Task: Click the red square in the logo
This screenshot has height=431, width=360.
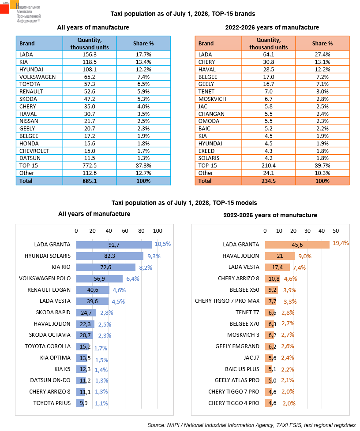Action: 4,9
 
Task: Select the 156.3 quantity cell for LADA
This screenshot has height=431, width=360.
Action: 90,54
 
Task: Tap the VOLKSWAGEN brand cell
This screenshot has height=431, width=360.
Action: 39,77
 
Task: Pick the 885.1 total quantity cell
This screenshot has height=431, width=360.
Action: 90,181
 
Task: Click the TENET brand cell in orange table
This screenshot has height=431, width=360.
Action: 218,92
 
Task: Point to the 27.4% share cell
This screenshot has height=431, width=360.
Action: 322,54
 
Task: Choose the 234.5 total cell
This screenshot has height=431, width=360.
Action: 268,181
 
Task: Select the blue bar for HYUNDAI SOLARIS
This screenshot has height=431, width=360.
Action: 109,256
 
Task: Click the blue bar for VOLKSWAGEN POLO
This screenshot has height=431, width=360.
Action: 99,279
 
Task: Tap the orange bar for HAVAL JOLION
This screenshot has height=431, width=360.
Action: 280,256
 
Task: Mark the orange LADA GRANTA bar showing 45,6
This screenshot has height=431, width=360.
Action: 297,245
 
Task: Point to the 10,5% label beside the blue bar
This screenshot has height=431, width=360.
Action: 163,244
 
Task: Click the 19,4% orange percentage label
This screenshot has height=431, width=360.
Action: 341,243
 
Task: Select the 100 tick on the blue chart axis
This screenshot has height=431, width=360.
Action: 157,230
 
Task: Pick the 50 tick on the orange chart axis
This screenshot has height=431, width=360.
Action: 336,230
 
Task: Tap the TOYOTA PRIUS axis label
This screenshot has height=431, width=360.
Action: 52,403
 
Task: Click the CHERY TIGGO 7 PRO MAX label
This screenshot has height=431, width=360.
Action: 227,301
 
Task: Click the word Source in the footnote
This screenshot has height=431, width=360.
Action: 156,425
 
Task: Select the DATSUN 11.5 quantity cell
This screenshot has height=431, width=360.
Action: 90,158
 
